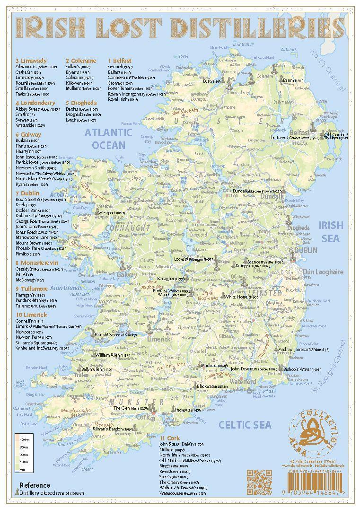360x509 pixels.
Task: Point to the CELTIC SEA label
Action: (x=245, y=425)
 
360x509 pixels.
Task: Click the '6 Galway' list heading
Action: (x=28, y=134)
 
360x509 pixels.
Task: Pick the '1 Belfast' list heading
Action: (x=120, y=61)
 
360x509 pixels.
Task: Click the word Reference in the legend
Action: (x=35, y=485)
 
